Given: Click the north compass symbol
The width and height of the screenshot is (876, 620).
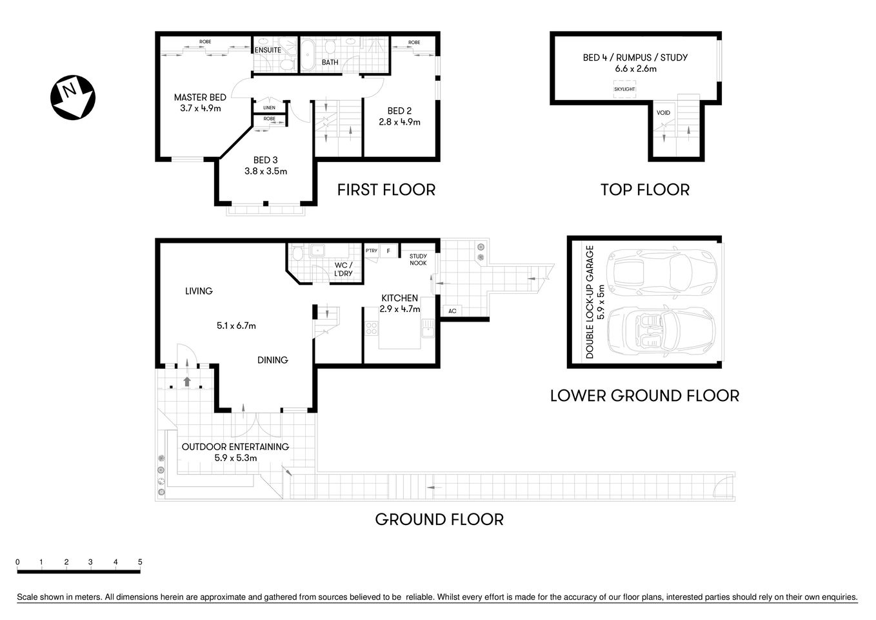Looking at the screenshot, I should click(73, 98).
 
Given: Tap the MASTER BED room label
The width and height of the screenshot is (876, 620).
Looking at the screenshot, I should click(200, 98).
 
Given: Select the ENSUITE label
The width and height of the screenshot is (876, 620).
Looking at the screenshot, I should click(268, 50).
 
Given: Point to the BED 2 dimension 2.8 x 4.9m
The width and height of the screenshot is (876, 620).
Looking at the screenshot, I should click(399, 121).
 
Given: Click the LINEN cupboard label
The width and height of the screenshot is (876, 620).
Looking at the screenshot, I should click(269, 107).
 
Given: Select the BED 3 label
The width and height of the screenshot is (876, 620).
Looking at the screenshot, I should click(266, 160).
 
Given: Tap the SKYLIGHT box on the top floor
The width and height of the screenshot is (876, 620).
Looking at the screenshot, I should click(624, 89).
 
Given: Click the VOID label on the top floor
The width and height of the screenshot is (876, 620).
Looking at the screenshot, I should click(663, 113).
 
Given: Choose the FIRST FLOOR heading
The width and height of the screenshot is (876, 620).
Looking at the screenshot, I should click(386, 190).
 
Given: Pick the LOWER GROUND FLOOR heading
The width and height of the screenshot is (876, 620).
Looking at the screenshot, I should click(644, 395).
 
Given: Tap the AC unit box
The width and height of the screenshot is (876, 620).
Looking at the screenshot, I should click(452, 311).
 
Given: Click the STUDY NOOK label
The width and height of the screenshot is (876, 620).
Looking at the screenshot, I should click(418, 260).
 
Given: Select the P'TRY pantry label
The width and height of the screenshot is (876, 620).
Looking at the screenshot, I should click(372, 251).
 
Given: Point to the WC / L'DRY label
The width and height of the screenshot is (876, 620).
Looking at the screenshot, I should click(343, 269).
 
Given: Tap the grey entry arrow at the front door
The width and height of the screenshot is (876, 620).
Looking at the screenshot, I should click(187, 381).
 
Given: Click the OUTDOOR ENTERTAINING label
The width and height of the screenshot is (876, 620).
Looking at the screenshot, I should click(235, 447).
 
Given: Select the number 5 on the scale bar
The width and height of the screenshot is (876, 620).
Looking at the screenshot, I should click(140, 562).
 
